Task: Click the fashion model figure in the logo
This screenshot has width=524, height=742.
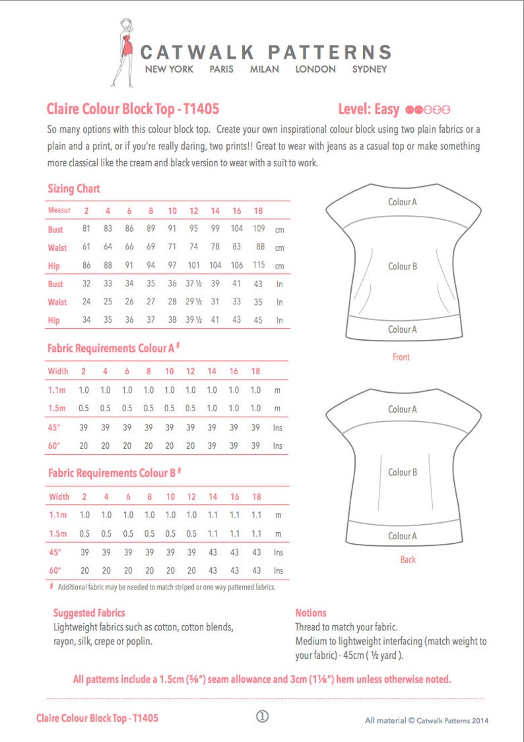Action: tap(123, 53)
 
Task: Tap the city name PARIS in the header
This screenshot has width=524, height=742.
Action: tap(221, 69)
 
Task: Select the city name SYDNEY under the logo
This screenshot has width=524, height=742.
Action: tap(369, 69)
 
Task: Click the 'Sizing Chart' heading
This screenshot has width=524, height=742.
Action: tap(74, 189)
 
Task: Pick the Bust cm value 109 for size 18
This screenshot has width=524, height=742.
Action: tap(259, 229)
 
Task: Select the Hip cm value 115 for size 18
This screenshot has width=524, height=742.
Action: tap(259, 265)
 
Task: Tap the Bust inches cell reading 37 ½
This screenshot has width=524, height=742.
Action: tap(193, 284)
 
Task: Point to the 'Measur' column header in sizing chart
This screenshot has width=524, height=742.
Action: tap(59, 211)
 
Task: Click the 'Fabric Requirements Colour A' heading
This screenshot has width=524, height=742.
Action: tap(114, 348)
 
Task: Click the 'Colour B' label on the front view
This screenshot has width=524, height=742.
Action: tap(402, 267)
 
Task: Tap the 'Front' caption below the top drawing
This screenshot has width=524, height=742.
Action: tap(401, 357)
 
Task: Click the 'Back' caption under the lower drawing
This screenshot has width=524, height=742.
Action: tap(408, 560)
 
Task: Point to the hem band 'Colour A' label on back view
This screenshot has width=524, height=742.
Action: tap(402, 536)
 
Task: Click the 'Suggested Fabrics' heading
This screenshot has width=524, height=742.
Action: tap(89, 613)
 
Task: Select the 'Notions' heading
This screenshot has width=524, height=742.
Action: tap(311, 613)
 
